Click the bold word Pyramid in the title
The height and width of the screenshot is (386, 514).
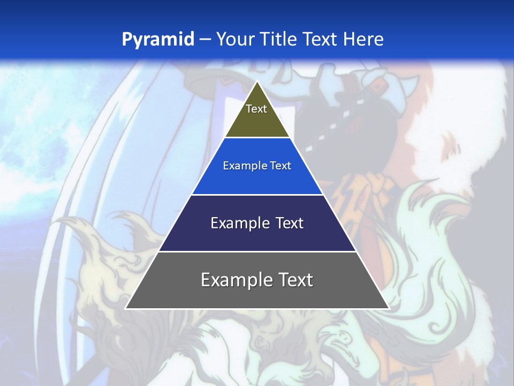(x=158, y=39)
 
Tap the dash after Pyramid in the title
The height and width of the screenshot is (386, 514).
(x=205, y=39)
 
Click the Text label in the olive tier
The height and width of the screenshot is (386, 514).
(x=256, y=109)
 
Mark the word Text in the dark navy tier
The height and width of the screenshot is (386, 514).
(x=290, y=223)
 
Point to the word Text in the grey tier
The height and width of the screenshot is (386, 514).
(x=295, y=280)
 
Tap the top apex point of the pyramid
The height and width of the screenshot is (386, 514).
(x=257, y=81)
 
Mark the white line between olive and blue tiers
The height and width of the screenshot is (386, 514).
(x=257, y=138)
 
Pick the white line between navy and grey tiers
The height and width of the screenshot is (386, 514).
(x=257, y=251)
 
